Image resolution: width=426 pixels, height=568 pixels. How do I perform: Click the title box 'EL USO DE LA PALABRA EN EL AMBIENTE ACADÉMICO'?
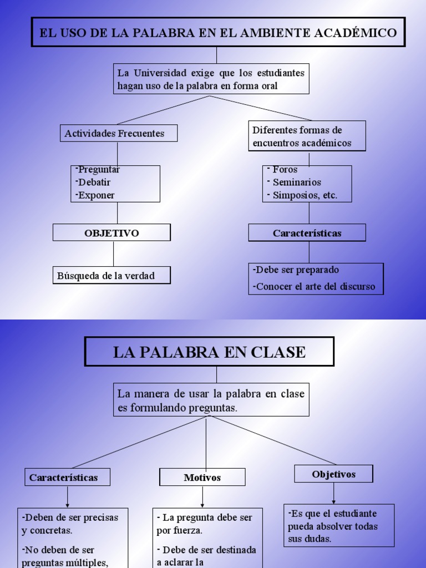pyautogui.click(x=218, y=32)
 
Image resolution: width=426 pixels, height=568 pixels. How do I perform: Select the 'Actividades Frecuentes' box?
pyautogui.click(x=119, y=133)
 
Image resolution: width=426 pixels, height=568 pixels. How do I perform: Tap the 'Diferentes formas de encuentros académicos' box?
pyautogui.click(x=307, y=136)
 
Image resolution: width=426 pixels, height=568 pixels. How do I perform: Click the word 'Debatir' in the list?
pyautogui.click(x=94, y=182)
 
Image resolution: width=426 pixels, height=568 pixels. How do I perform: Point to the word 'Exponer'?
pyautogui.click(x=97, y=195)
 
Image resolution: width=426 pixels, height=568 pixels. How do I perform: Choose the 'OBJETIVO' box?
pyautogui.click(x=111, y=233)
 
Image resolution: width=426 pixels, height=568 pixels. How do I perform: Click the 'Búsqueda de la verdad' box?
pyautogui.click(x=111, y=275)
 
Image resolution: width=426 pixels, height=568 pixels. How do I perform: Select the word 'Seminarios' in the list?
pyautogui.click(x=297, y=182)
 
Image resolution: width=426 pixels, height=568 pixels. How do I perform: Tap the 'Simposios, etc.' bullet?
pyautogui.click(x=305, y=195)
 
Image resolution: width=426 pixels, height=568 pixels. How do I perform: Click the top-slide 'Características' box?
pyautogui.click(x=307, y=233)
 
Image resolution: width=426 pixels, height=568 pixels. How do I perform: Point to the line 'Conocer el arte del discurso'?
pyautogui.click(x=316, y=287)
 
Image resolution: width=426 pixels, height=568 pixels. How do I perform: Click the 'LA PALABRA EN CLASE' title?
pyautogui.click(x=209, y=352)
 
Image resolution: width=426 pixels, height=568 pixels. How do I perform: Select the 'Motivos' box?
pyautogui.click(x=202, y=477)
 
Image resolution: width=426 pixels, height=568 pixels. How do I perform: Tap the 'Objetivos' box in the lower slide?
pyautogui.click(x=333, y=474)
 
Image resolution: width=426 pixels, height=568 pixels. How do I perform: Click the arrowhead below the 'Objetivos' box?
pyautogui.click(x=334, y=501)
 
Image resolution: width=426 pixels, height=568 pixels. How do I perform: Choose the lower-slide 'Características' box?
pyautogui.click(x=67, y=477)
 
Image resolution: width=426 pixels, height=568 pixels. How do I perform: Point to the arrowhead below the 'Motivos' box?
pyautogui.click(x=202, y=505)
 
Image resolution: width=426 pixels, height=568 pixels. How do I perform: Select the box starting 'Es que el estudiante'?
pyautogui.click(x=339, y=525)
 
